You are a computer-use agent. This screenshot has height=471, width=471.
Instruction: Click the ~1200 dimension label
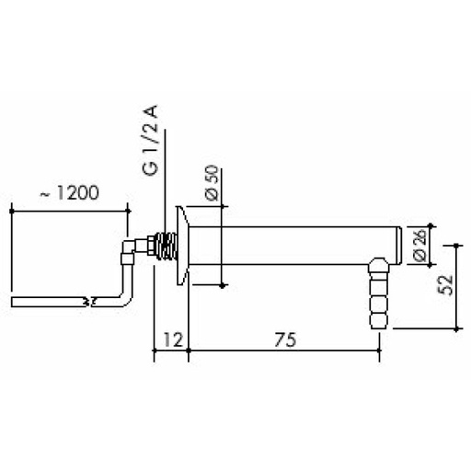[70, 194]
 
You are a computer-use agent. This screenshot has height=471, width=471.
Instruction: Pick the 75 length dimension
[284, 339]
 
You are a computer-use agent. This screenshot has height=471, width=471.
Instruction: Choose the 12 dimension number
[170, 339]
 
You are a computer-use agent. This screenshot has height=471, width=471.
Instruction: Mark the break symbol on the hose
[88, 302]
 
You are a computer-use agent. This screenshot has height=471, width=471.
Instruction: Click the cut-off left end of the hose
[13, 302]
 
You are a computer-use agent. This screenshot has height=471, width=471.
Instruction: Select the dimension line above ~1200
[70, 208]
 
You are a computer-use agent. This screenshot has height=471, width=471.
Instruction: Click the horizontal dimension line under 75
[284, 350]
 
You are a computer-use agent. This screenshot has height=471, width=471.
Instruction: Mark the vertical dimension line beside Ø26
[430, 243]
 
